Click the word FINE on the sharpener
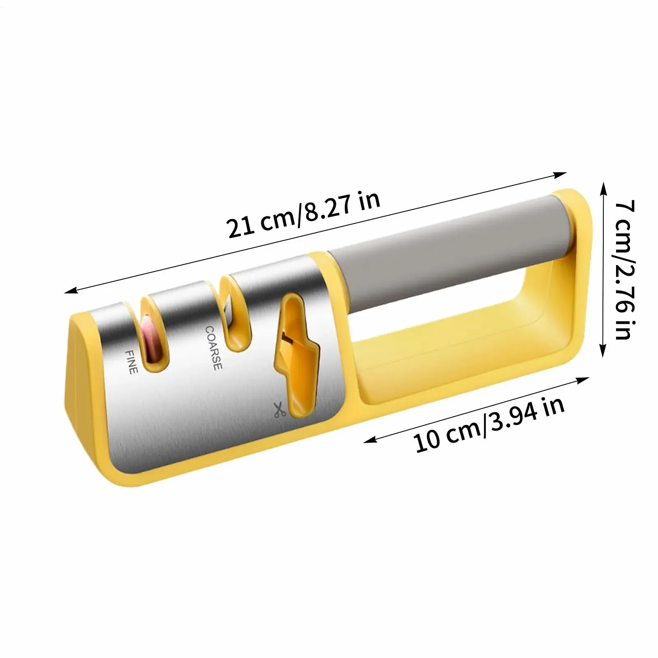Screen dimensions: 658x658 (x=131, y=361)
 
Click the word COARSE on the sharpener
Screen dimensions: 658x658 (x=214, y=348)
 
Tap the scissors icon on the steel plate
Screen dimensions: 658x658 (x=279, y=410)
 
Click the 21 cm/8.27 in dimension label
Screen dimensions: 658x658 (x=304, y=214)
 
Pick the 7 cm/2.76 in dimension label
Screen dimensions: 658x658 (x=624, y=269)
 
